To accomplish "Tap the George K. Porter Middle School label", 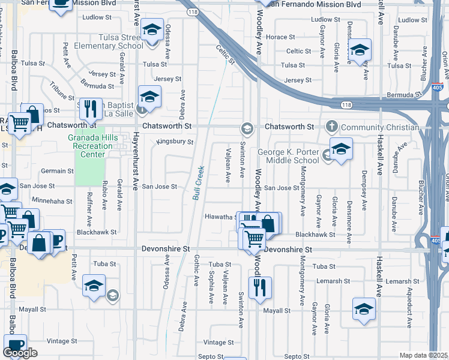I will click(x=289, y=156).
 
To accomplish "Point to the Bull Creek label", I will click(x=197, y=182).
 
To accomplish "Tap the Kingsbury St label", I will click(x=175, y=142).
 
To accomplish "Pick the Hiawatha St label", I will click(x=220, y=217).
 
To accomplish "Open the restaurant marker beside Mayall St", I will click(x=260, y=287).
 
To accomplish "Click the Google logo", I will click(x=20, y=353).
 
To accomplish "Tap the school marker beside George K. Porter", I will click(x=340, y=149).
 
